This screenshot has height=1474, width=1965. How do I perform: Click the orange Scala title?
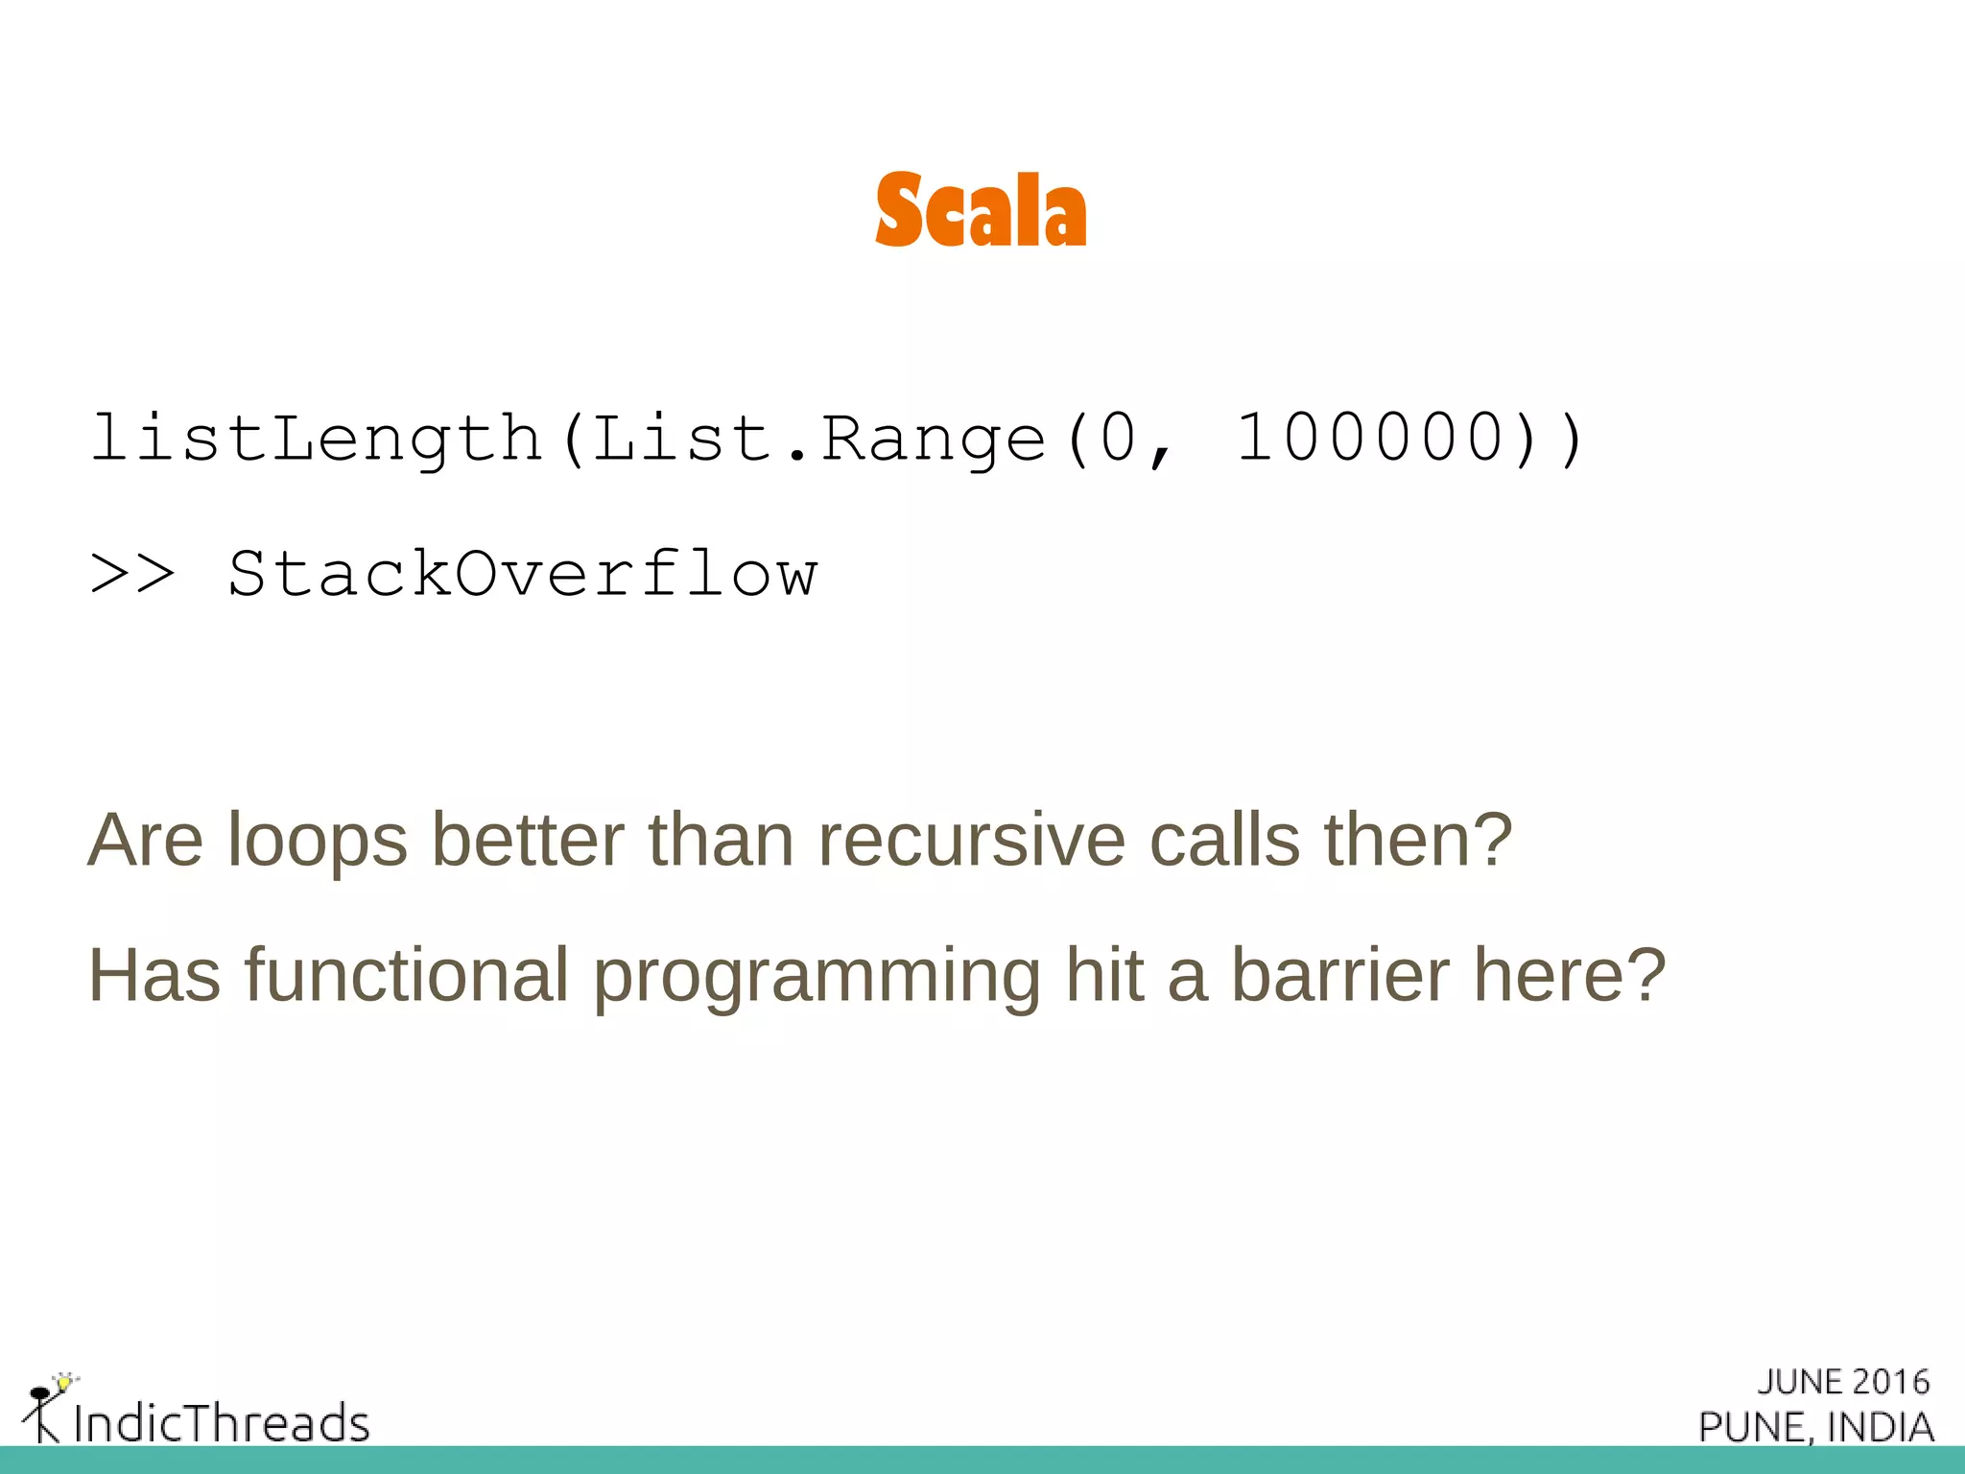[981, 210]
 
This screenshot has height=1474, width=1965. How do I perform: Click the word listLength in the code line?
[317, 439]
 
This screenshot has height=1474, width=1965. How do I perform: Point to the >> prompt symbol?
[132, 575]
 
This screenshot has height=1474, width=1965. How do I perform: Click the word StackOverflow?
[523, 574]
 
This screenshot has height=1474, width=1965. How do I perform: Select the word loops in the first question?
[318, 841]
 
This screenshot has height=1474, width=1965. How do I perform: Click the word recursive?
[971, 841]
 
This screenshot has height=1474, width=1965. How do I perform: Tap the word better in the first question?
[528, 841]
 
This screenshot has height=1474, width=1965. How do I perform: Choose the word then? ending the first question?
[1418, 841]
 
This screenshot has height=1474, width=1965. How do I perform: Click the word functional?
[408, 975]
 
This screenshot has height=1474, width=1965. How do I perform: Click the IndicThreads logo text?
[222, 1422]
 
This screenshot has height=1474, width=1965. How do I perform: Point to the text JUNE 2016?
[1842, 1382]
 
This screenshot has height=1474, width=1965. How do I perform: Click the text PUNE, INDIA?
[1815, 1427]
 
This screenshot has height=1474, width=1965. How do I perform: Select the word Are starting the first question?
[145, 841]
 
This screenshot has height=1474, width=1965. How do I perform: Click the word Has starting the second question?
[154, 975]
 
